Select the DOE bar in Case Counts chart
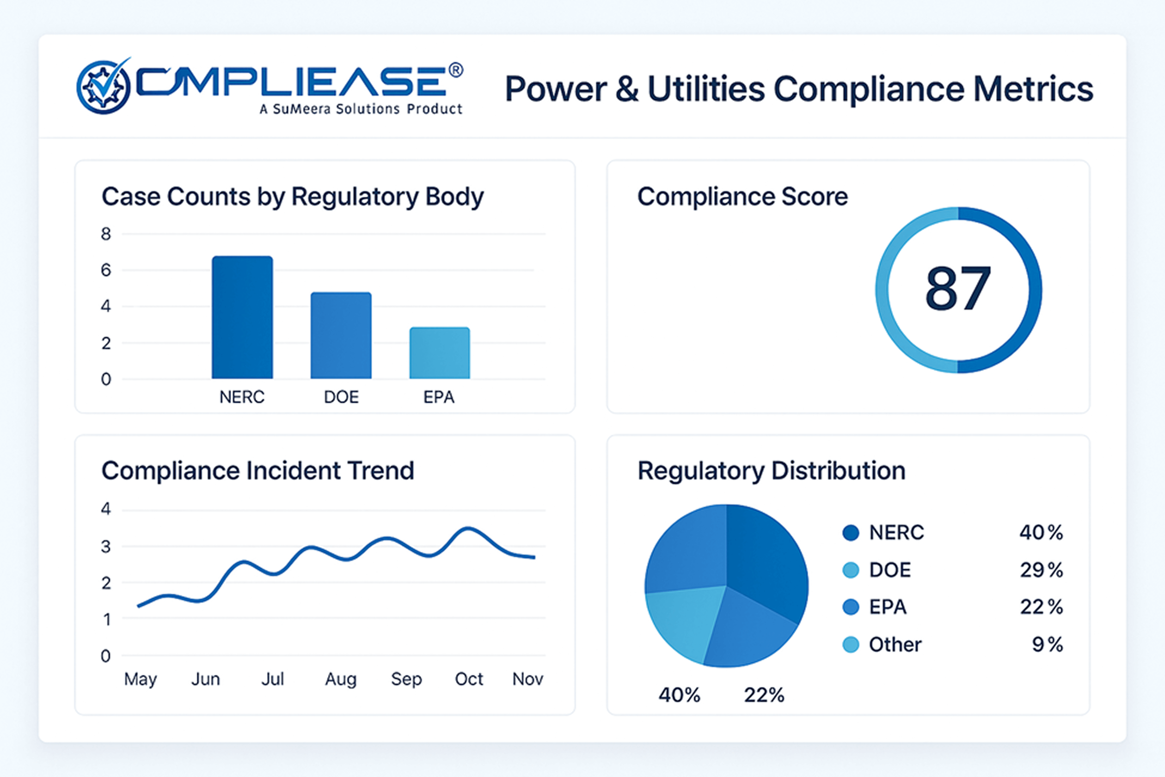341,336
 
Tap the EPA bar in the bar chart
439,353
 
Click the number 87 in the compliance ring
958,289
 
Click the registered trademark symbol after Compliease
456,70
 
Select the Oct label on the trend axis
469,679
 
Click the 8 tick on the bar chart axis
106,234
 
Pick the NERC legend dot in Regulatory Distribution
850,533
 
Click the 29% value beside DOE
1041,570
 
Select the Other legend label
895,645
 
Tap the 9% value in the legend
1047,645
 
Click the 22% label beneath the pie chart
764,695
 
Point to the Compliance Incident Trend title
257,471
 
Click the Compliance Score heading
742,197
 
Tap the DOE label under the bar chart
341,397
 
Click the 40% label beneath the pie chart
679,695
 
